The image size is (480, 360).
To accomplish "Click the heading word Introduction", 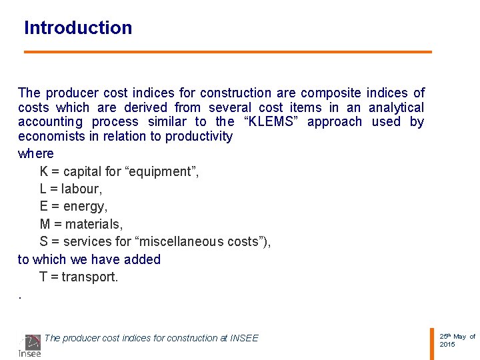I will click(x=78, y=28).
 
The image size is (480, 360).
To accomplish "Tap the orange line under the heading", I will click(x=227, y=51).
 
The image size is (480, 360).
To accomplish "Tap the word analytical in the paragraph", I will click(x=396, y=107).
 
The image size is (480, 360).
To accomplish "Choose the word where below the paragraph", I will click(x=36, y=153).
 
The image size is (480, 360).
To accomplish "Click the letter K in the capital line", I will click(x=44, y=171).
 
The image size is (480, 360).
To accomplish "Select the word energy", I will click(x=85, y=207).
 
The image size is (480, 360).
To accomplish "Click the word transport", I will click(x=89, y=277).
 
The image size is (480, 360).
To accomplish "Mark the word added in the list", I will click(x=141, y=259).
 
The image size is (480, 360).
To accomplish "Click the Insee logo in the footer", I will click(x=29, y=345).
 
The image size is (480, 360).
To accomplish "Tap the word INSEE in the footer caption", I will click(x=244, y=338).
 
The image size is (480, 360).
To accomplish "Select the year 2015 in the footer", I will click(x=447, y=344).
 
